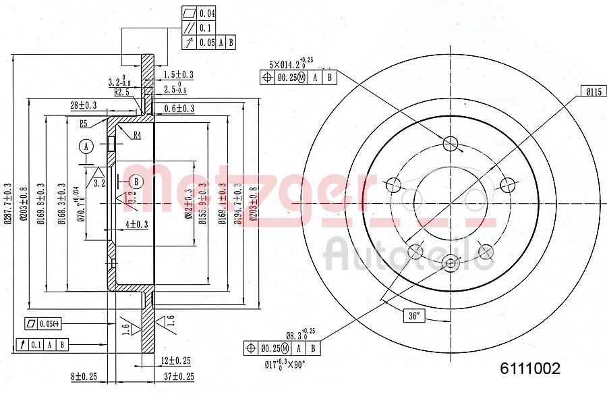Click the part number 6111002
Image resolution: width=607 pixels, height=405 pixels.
[529, 369]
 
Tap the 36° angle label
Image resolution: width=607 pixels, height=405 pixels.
[413, 315]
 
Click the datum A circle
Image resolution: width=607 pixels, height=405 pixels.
[86, 146]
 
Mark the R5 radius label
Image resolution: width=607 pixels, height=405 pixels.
[84, 124]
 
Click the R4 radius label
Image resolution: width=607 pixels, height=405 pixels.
[136, 135]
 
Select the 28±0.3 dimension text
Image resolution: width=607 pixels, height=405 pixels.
[83, 105]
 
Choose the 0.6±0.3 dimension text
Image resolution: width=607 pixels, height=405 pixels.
[179, 109]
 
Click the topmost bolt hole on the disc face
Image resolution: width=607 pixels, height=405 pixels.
[451, 142]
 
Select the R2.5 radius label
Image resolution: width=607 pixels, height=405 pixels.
[122, 92]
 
